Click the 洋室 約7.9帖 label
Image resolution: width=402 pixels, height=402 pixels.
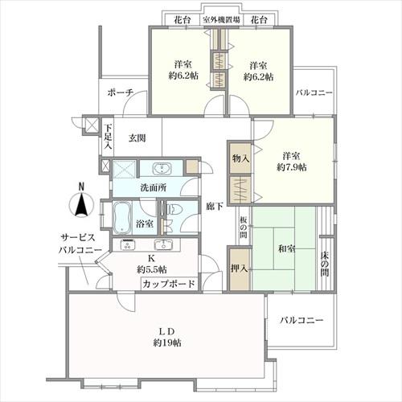pos(294,161)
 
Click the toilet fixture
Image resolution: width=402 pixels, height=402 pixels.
pos(179,211)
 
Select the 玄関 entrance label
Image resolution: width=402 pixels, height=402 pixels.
pos(137,138)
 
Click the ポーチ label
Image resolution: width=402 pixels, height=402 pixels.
pos(120,92)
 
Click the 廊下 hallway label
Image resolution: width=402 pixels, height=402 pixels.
pos(213,205)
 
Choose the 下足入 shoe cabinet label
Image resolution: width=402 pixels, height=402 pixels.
pos(109,137)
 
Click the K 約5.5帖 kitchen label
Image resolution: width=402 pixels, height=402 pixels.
pos(151,264)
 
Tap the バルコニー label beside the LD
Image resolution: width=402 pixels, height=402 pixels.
pos(301,320)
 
